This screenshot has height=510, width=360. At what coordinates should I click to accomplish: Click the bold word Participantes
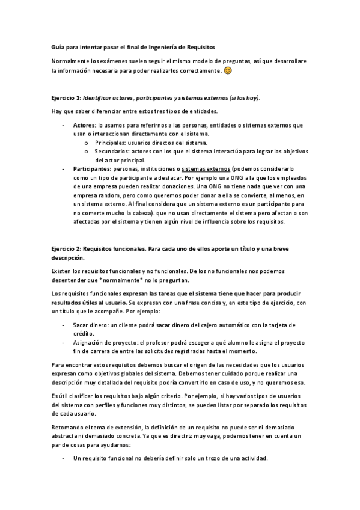click(91, 170)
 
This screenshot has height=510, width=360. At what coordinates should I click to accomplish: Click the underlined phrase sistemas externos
click(206, 170)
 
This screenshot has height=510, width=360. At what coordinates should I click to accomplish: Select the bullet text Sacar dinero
click(90, 324)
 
